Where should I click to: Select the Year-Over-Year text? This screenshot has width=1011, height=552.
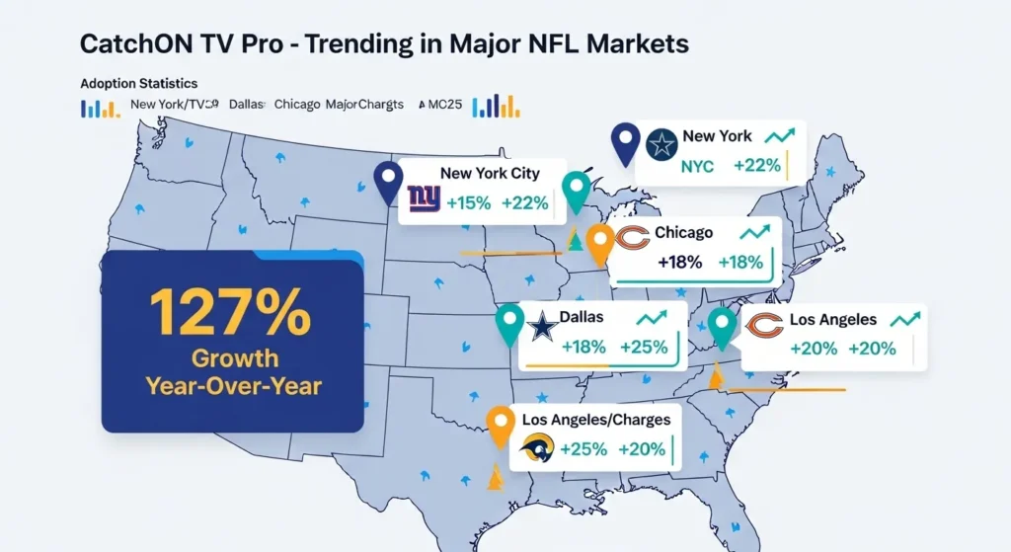click(233, 385)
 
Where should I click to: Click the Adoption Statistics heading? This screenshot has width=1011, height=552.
click(138, 84)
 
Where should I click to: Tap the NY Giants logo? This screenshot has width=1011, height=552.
click(423, 201)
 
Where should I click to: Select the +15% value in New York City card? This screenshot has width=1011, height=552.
click(469, 204)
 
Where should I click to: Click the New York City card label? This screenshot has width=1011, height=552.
click(490, 174)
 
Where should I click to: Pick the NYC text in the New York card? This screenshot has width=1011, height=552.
click(697, 167)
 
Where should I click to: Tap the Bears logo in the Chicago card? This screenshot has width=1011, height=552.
click(631, 237)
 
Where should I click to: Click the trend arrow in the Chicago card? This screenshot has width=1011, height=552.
click(754, 233)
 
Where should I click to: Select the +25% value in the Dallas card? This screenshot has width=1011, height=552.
click(644, 348)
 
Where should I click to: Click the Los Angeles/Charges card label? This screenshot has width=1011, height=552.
click(596, 420)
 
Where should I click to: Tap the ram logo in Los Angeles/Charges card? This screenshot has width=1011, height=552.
click(537, 448)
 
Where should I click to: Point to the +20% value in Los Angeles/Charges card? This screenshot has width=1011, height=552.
click(642, 448)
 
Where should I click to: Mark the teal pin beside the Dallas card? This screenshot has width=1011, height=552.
click(508, 322)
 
